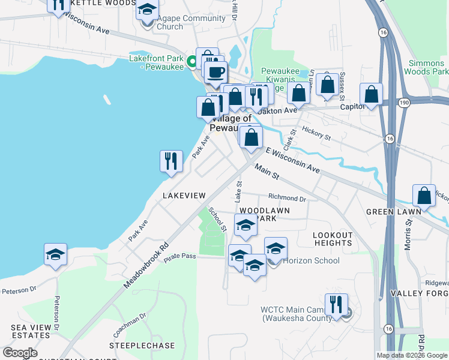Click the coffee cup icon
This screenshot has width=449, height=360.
pyautogui.click(x=215, y=72)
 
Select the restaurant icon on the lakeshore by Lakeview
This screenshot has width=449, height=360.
pyautogui.click(x=171, y=161)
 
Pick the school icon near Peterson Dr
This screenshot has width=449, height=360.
pyautogui.click(x=55, y=254)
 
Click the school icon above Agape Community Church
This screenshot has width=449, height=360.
pyautogui.click(x=147, y=10)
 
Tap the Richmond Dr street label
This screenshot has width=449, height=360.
pyautogui.click(x=287, y=197)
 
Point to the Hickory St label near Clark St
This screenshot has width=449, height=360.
pyautogui.click(x=316, y=133)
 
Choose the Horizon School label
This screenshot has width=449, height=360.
pyautogui.click(x=311, y=260)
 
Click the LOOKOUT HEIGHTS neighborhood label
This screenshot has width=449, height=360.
pyautogui.click(x=333, y=239)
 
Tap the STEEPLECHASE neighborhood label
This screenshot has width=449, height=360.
pyautogui.click(x=142, y=346)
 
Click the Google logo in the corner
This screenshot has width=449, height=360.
pyautogui.click(x=20, y=353)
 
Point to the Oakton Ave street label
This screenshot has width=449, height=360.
pyautogui.click(x=277, y=110)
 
